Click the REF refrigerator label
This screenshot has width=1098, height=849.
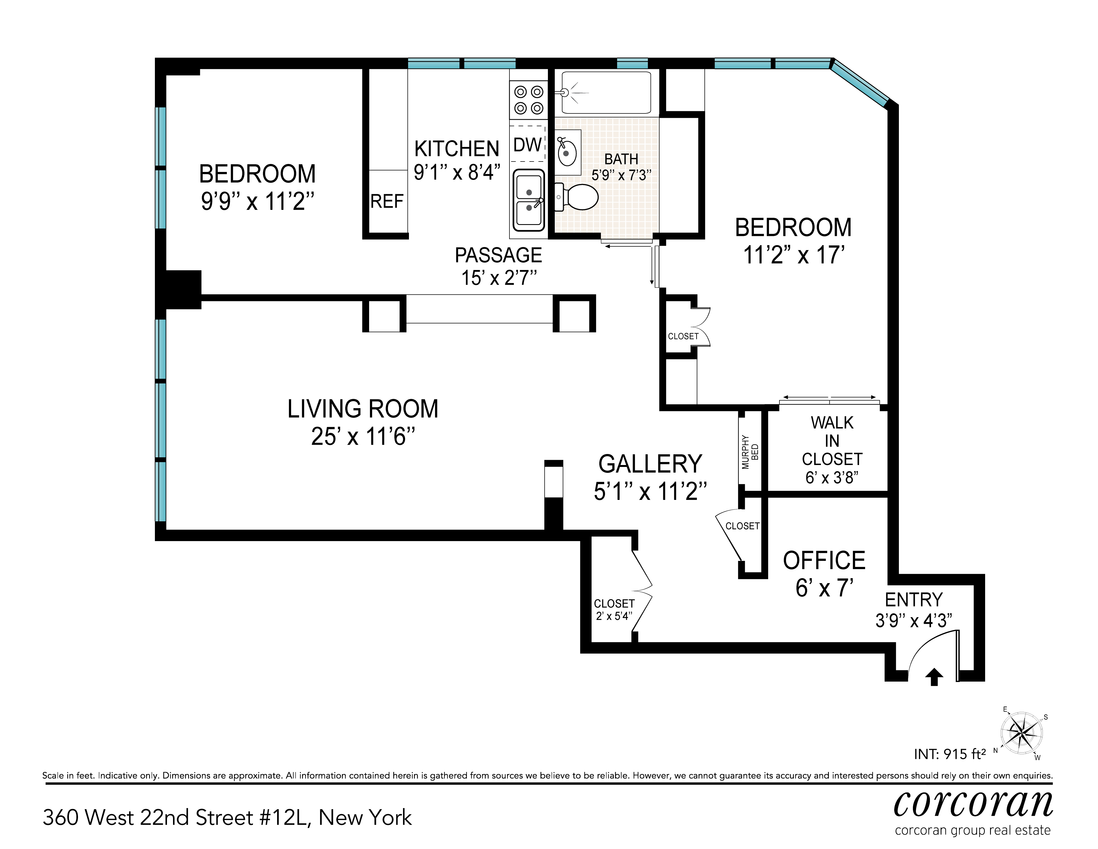[387, 202]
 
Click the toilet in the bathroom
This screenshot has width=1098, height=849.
[576, 197]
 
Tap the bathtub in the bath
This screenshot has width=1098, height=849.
[606, 93]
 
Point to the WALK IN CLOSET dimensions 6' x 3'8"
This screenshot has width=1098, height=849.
[832, 478]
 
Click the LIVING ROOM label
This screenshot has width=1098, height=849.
[363, 409]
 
